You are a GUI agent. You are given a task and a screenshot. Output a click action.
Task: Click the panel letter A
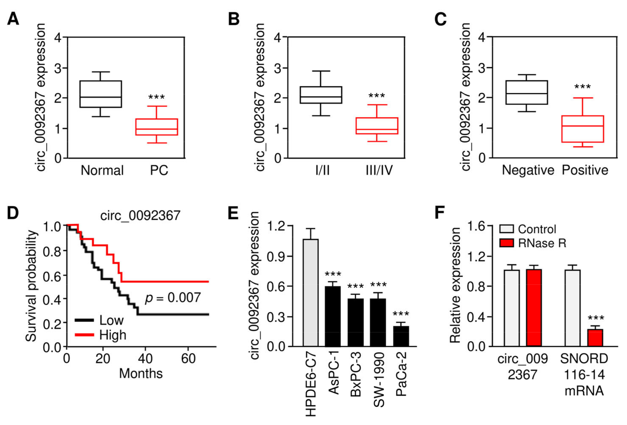(13, 19)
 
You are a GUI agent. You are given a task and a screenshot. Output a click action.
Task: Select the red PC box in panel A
(157, 127)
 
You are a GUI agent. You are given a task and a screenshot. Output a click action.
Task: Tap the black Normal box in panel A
(101, 94)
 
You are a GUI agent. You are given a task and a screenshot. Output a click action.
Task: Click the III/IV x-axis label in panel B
(379, 170)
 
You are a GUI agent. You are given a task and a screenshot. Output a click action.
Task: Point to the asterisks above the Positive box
(582, 87)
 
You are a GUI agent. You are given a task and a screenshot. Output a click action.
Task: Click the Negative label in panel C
(528, 170)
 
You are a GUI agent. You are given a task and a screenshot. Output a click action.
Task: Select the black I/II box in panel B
(321, 95)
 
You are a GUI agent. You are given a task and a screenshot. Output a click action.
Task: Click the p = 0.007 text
(173, 298)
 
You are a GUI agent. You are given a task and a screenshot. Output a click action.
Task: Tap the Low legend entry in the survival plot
(111, 320)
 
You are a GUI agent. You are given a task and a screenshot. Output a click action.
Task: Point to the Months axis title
(141, 374)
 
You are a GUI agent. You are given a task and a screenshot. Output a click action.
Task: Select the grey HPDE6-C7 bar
(311, 293)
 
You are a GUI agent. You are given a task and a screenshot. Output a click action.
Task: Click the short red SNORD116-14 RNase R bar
(595, 338)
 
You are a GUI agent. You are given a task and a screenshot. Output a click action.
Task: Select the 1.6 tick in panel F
(476, 226)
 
